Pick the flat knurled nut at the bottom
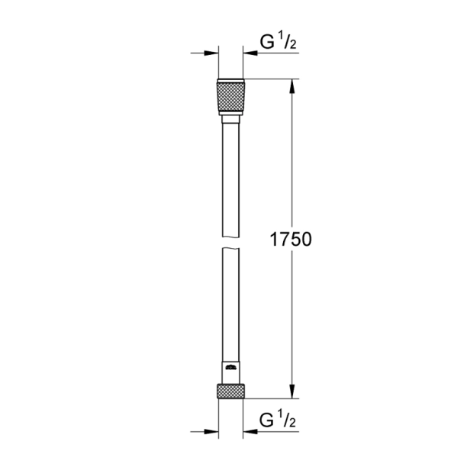pyautogui.click(x=230, y=391)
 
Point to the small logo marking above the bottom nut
pyautogui.click(x=230, y=368)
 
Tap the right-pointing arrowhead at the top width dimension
pyautogui.click(x=212, y=53)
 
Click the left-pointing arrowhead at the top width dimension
pyautogui.click(x=250, y=53)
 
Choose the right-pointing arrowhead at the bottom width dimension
pyautogui.click(x=212, y=431)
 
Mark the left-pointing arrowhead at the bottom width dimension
pyautogui.click(x=250, y=431)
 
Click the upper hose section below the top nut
pyautogui.click(x=230, y=176)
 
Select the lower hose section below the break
pyautogui.click(x=230, y=305)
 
